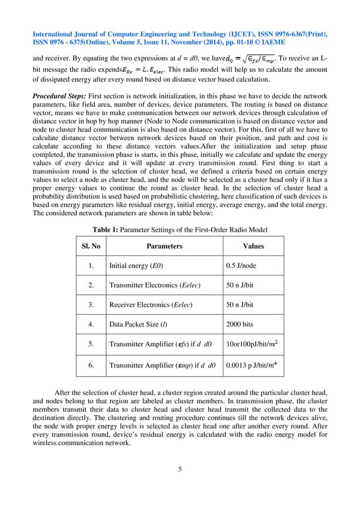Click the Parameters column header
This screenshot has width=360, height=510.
pos(164,246)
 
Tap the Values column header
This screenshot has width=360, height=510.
pos(253,246)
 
